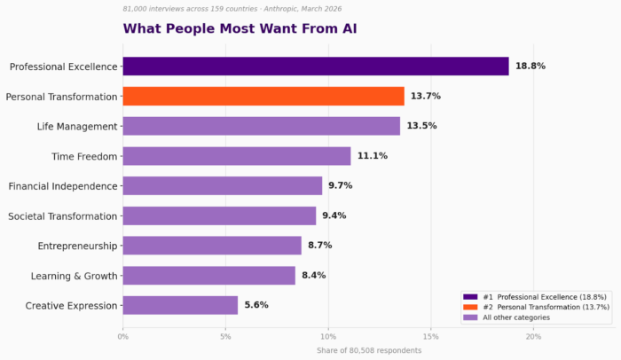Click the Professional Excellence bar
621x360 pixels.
315,67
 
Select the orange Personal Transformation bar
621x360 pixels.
263,96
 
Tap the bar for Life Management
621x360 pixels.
261,126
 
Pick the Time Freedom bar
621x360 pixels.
236,156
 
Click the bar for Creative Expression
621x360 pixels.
180,305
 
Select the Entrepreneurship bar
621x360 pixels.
211,246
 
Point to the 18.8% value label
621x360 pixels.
530,67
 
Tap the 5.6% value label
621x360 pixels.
257,305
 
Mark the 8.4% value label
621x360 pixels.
314,276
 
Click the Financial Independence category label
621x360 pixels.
63,186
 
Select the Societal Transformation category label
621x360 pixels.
63,216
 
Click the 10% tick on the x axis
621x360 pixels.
328,336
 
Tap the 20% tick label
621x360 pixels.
533,336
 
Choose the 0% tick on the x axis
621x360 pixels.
122,336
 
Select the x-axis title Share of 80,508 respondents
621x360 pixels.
369,350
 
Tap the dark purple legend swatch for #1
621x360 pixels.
470,296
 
